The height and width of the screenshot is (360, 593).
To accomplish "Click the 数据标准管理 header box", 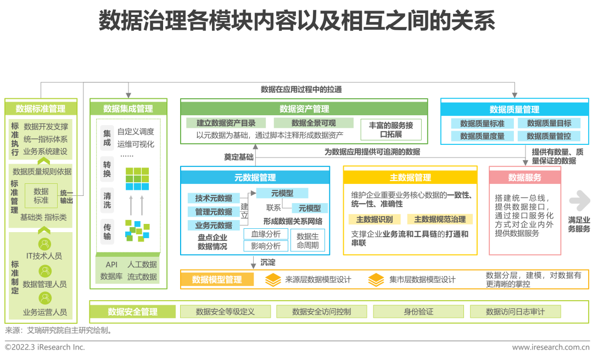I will [x=41, y=108].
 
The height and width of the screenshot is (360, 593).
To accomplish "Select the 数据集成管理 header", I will [x=128, y=109].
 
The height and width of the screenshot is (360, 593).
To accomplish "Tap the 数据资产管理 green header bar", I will [x=304, y=109].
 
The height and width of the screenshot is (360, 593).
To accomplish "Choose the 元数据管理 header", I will [x=255, y=177].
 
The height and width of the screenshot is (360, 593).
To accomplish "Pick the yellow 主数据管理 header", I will [x=410, y=177].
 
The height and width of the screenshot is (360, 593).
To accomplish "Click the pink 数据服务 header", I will [x=525, y=177].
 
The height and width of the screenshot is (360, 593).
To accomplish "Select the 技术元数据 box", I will [x=214, y=198].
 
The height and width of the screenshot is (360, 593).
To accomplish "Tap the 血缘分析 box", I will [x=266, y=234].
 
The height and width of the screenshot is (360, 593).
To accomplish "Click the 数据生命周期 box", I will [x=307, y=240].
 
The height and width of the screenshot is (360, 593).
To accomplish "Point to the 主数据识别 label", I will [x=374, y=220].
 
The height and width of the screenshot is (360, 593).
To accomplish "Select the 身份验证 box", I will [x=418, y=312].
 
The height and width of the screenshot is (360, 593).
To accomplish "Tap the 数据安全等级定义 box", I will [x=225, y=312].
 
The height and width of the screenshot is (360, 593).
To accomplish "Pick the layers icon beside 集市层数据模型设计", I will [x=376, y=280].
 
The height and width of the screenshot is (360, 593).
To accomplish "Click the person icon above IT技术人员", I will [x=44, y=244].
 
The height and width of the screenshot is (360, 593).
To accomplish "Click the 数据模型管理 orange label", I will [x=217, y=280].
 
